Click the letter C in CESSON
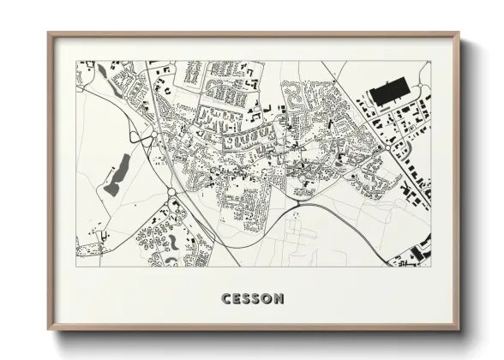click(x=226, y=299)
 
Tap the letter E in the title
click(x=237, y=299)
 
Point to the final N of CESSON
click(x=279, y=299)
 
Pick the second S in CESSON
click(x=257, y=299)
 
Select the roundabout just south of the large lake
click(x=171, y=193)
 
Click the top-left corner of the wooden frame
click(x=49, y=33)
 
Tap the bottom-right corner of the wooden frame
click(x=459, y=329)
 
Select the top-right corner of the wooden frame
click(x=459, y=33)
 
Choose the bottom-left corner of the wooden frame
click(x=49, y=329)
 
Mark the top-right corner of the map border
click(x=430, y=61)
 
